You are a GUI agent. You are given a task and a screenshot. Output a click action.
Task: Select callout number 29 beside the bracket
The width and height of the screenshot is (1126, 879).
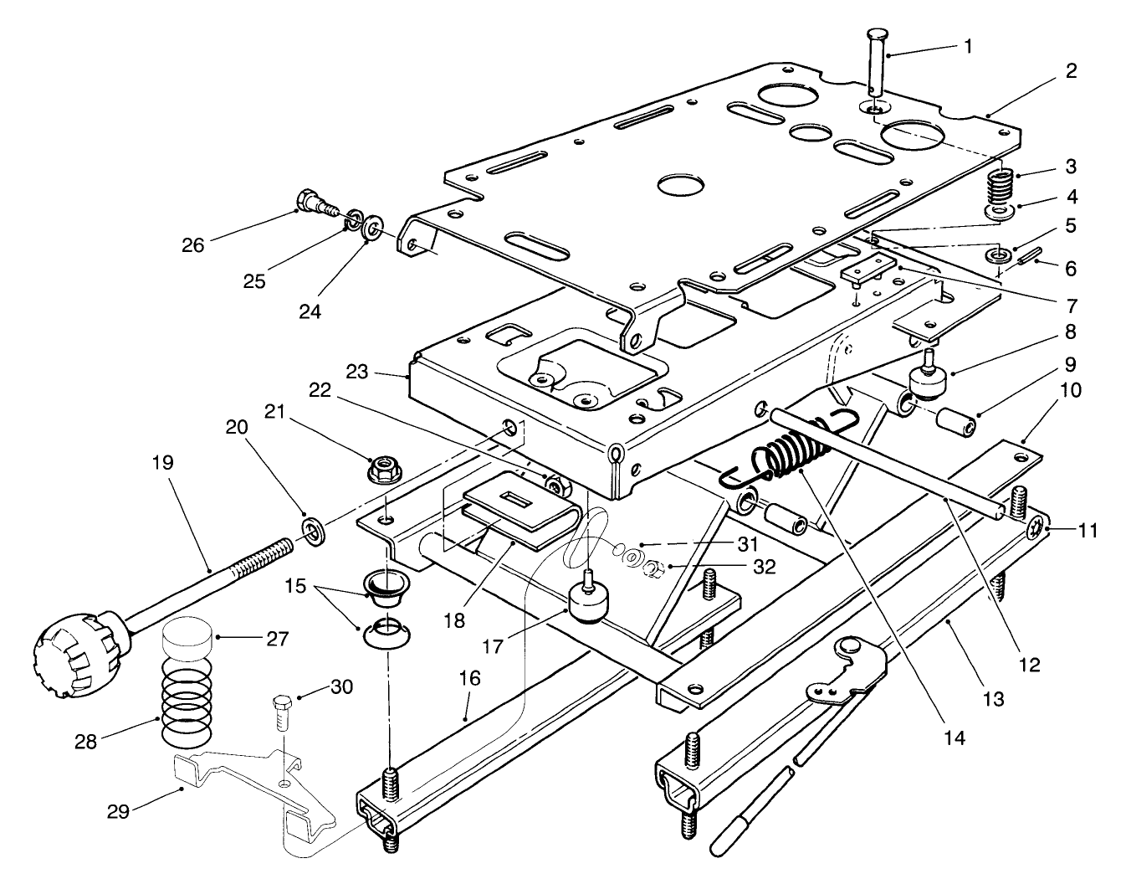[119, 811]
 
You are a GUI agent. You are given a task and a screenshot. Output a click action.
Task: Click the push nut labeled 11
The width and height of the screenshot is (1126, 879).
[1036, 528]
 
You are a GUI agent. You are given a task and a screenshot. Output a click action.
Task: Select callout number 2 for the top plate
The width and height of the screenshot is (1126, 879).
[1071, 71]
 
